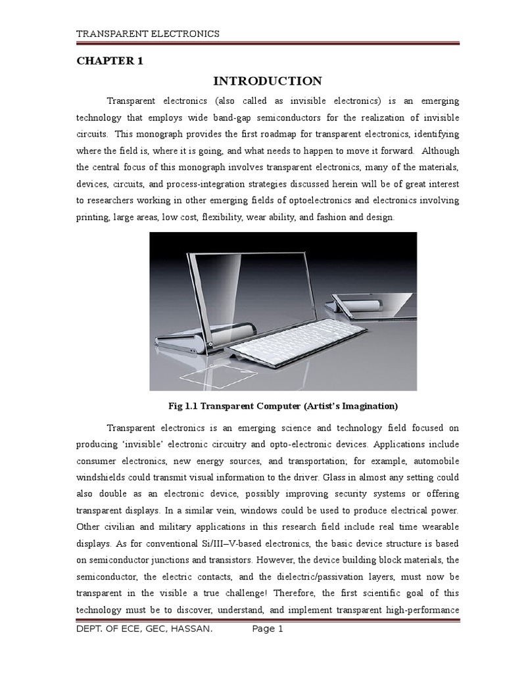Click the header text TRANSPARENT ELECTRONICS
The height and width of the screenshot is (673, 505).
(x=148, y=34)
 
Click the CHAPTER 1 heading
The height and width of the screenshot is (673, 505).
(x=110, y=61)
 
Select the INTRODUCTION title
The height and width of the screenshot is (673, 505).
(x=268, y=81)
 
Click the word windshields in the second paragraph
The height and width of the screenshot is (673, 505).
(x=108, y=476)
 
